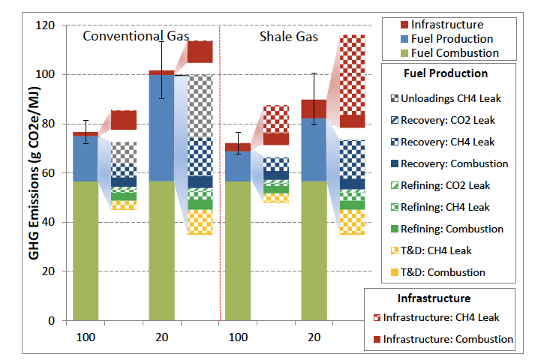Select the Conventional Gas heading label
135,36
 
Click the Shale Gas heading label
289,36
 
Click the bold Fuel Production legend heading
446,73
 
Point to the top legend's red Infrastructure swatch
392,25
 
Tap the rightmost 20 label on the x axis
313,337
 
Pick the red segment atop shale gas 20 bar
313,109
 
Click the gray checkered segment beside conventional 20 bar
200,106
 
